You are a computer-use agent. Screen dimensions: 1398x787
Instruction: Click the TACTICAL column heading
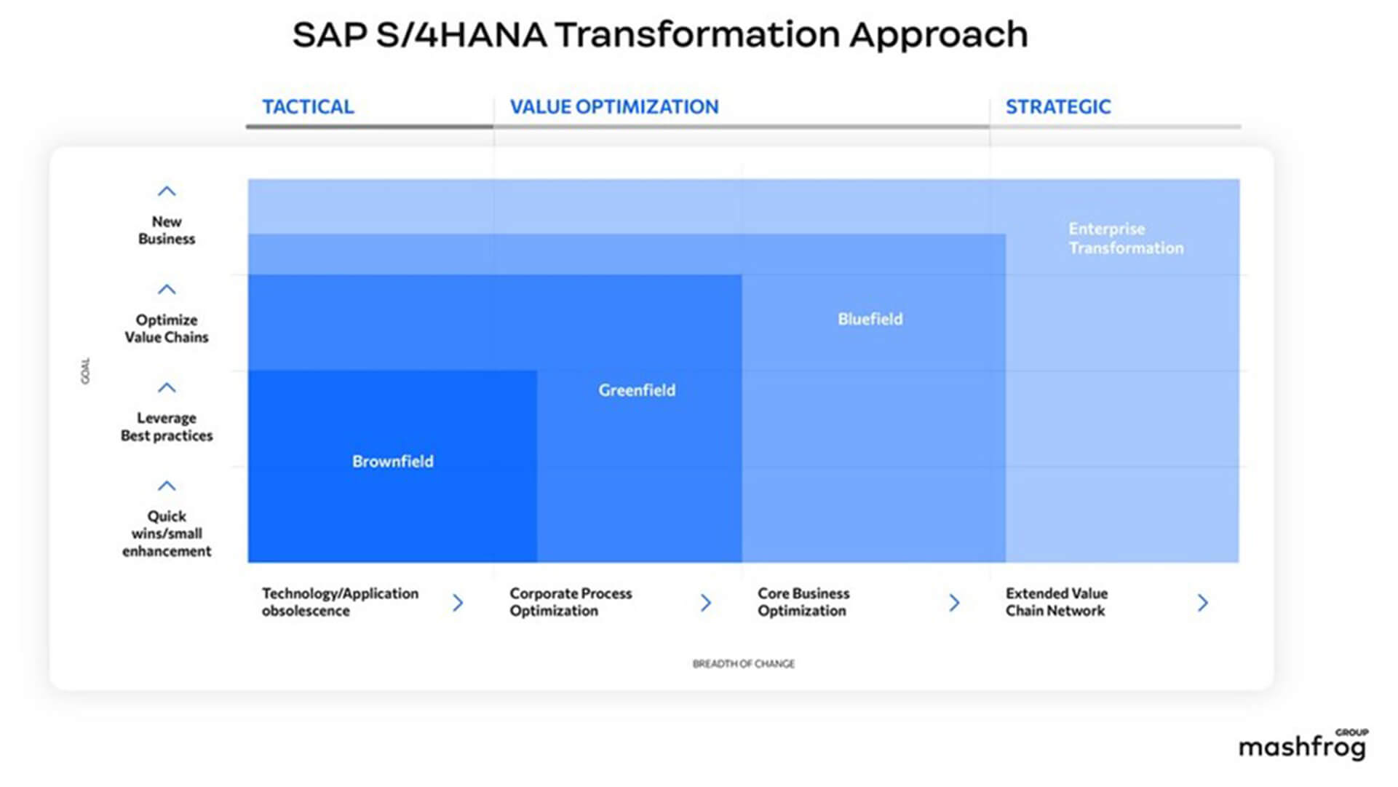click(x=308, y=107)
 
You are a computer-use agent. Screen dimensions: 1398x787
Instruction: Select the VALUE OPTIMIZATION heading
click(x=614, y=107)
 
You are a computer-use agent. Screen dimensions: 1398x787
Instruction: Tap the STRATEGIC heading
click(x=1058, y=107)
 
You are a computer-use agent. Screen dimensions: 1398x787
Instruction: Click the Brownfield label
click(x=393, y=462)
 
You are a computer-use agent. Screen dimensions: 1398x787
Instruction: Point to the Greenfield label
click(x=637, y=390)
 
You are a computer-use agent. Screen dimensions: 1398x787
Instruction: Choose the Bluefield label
click(x=870, y=319)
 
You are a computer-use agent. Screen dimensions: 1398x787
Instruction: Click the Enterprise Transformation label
click(x=1126, y=238)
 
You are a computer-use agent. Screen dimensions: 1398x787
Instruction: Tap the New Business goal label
click(x=167, y=230)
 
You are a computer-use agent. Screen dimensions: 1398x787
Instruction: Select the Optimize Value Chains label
click(x=167, y=328)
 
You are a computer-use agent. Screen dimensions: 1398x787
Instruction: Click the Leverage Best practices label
click(x=167, y=427)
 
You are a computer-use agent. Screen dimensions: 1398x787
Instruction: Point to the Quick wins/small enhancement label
click(x=167, y=534)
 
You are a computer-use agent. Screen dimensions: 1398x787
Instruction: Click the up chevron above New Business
click(x=167, y=191)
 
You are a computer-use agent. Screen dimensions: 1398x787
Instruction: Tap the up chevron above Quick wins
click(x=167, y=486)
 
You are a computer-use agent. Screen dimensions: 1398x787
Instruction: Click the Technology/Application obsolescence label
click(x=340, y=602)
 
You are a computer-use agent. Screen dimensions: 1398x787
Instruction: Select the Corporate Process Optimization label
click(x=571, y=602)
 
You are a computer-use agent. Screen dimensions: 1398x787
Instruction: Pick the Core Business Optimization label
click(x=803, y=602)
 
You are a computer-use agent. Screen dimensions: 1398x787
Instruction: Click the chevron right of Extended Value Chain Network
click(x=1203, y=603)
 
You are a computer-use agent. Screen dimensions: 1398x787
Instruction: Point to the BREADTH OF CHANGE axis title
click(x=744, y=664)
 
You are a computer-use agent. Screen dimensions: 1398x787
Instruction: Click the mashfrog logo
click(x=1303, y=745)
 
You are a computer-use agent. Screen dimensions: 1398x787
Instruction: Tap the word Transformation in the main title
click(x=696, y=34)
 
